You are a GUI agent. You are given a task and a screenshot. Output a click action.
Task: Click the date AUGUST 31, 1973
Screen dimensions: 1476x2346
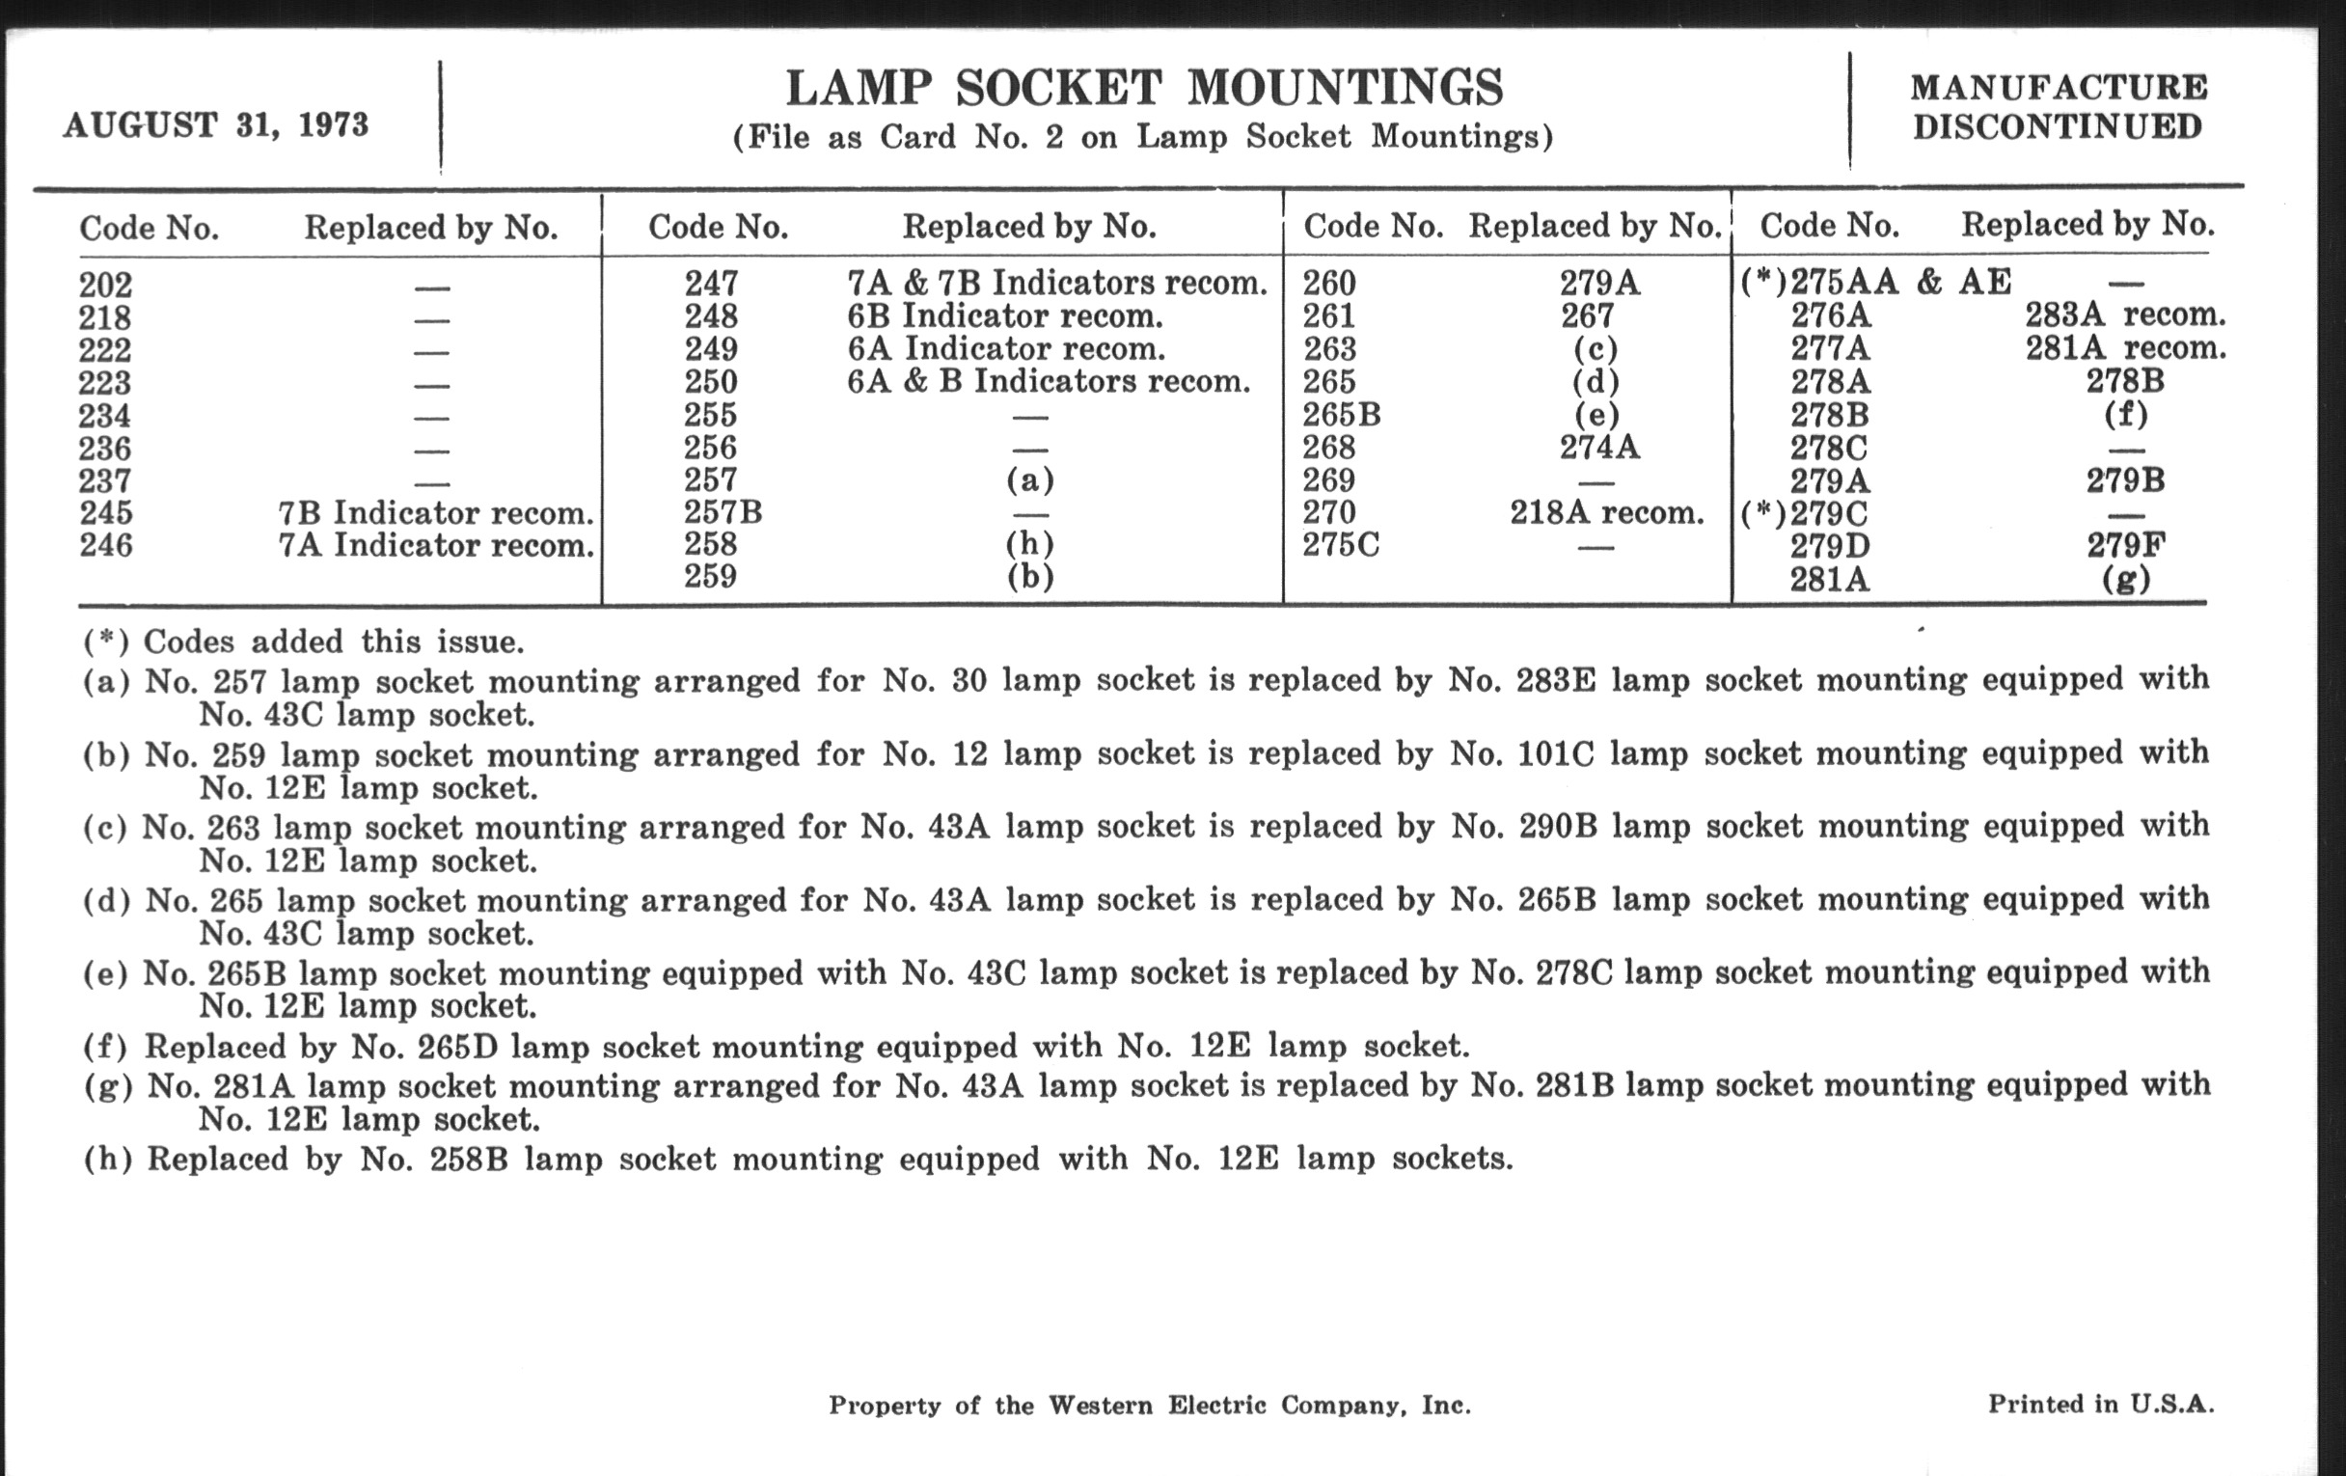215,124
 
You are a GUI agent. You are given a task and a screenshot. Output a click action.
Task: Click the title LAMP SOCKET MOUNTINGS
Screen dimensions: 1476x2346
1144,89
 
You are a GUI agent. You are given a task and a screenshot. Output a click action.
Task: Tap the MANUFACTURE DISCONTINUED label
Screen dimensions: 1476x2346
2058,107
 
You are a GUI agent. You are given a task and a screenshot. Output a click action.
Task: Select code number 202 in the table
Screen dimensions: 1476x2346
105,285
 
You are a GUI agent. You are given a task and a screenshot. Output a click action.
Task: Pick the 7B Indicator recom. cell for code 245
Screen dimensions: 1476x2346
435,512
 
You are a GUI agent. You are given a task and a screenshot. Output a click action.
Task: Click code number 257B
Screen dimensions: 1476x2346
722,511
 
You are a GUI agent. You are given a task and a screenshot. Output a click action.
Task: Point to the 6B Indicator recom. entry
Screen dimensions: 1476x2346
1004,315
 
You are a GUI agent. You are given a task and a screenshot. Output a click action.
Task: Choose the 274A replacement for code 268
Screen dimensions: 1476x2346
1598,448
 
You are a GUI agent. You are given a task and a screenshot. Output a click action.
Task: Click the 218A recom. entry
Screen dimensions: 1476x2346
1606,512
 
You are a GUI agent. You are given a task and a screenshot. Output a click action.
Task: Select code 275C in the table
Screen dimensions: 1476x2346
1341,545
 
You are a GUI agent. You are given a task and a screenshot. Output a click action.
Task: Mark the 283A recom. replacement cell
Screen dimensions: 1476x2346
2125,314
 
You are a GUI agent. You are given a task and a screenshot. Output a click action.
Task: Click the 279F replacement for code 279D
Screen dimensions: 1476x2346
2126,545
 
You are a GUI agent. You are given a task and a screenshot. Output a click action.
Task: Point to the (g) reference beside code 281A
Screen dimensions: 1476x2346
2125,579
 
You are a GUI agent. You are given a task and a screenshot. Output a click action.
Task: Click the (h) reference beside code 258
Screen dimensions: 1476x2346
1030,544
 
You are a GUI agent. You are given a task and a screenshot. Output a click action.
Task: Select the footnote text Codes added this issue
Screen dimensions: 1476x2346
333,642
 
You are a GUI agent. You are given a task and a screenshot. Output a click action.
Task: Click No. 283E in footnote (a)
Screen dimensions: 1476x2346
1522,679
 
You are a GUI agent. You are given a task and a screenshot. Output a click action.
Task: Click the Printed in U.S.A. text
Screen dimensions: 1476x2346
2100,1404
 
